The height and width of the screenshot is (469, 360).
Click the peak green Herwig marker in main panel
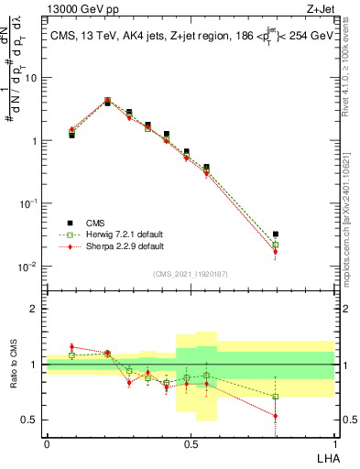(x=107, y=101)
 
